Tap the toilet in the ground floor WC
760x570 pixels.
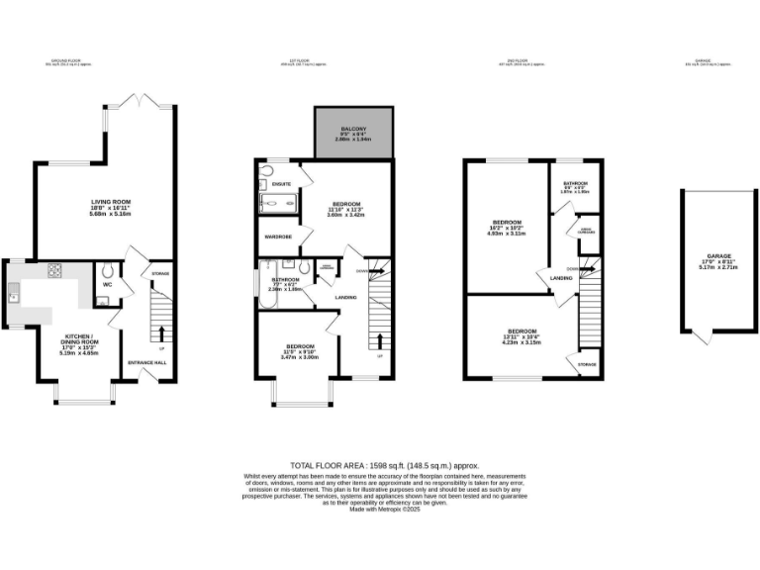(x=106, y=271)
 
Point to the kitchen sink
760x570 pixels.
(x=13, y=293)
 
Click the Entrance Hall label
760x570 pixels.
(x=147, y=363)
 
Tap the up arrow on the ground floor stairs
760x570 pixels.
(x=162, y=332)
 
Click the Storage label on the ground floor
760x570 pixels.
(x=159, y=272)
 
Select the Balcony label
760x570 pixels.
(x=350, y=129)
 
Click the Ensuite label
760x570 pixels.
(x=282, y=183)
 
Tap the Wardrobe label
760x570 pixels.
(x=276, y=237)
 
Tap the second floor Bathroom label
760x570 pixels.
(x=576, y=183)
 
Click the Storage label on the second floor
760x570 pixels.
(x=588, y=364)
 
